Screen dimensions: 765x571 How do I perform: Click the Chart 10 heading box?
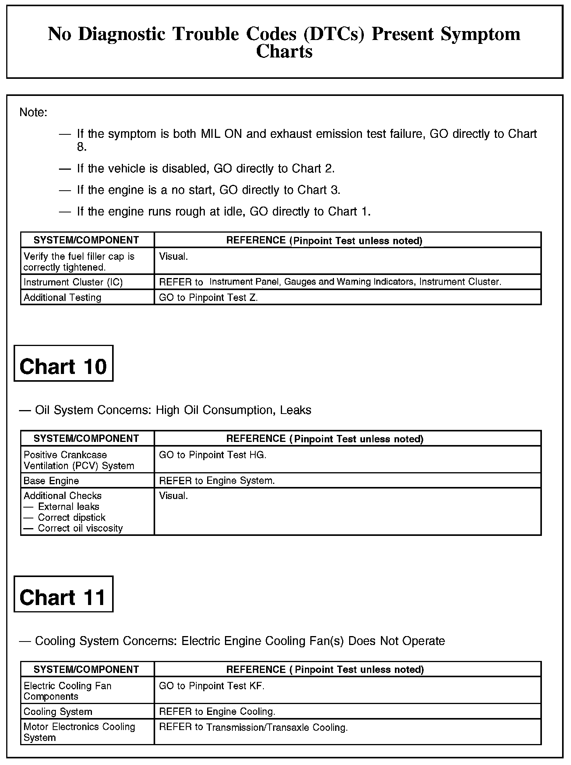(63, 363)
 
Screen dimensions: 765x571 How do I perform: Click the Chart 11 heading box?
(63, 594)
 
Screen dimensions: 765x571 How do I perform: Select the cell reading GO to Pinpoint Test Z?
(208, 297)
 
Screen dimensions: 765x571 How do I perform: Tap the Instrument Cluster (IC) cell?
(73, 282)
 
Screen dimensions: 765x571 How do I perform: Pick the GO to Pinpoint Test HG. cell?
(213, 455)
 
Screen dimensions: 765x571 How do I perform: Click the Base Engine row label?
(51, 481)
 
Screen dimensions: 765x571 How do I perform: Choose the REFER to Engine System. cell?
(217, 481)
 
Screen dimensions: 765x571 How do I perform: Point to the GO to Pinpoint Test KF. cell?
(211, 686)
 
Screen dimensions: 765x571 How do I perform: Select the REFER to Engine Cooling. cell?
(217, 712)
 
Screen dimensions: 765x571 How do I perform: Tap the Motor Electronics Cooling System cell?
(79, 732)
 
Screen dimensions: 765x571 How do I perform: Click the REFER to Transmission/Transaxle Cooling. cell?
(253, 727)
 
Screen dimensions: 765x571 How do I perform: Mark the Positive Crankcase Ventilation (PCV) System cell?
(79, 460)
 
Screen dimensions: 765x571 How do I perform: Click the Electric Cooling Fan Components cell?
(67, 691)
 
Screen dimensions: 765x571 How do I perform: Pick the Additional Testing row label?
(62, 297)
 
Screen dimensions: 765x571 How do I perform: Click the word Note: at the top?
(33, 113)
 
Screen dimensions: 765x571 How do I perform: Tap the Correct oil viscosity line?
(80, 528)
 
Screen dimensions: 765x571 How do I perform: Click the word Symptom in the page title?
(480, 34)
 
